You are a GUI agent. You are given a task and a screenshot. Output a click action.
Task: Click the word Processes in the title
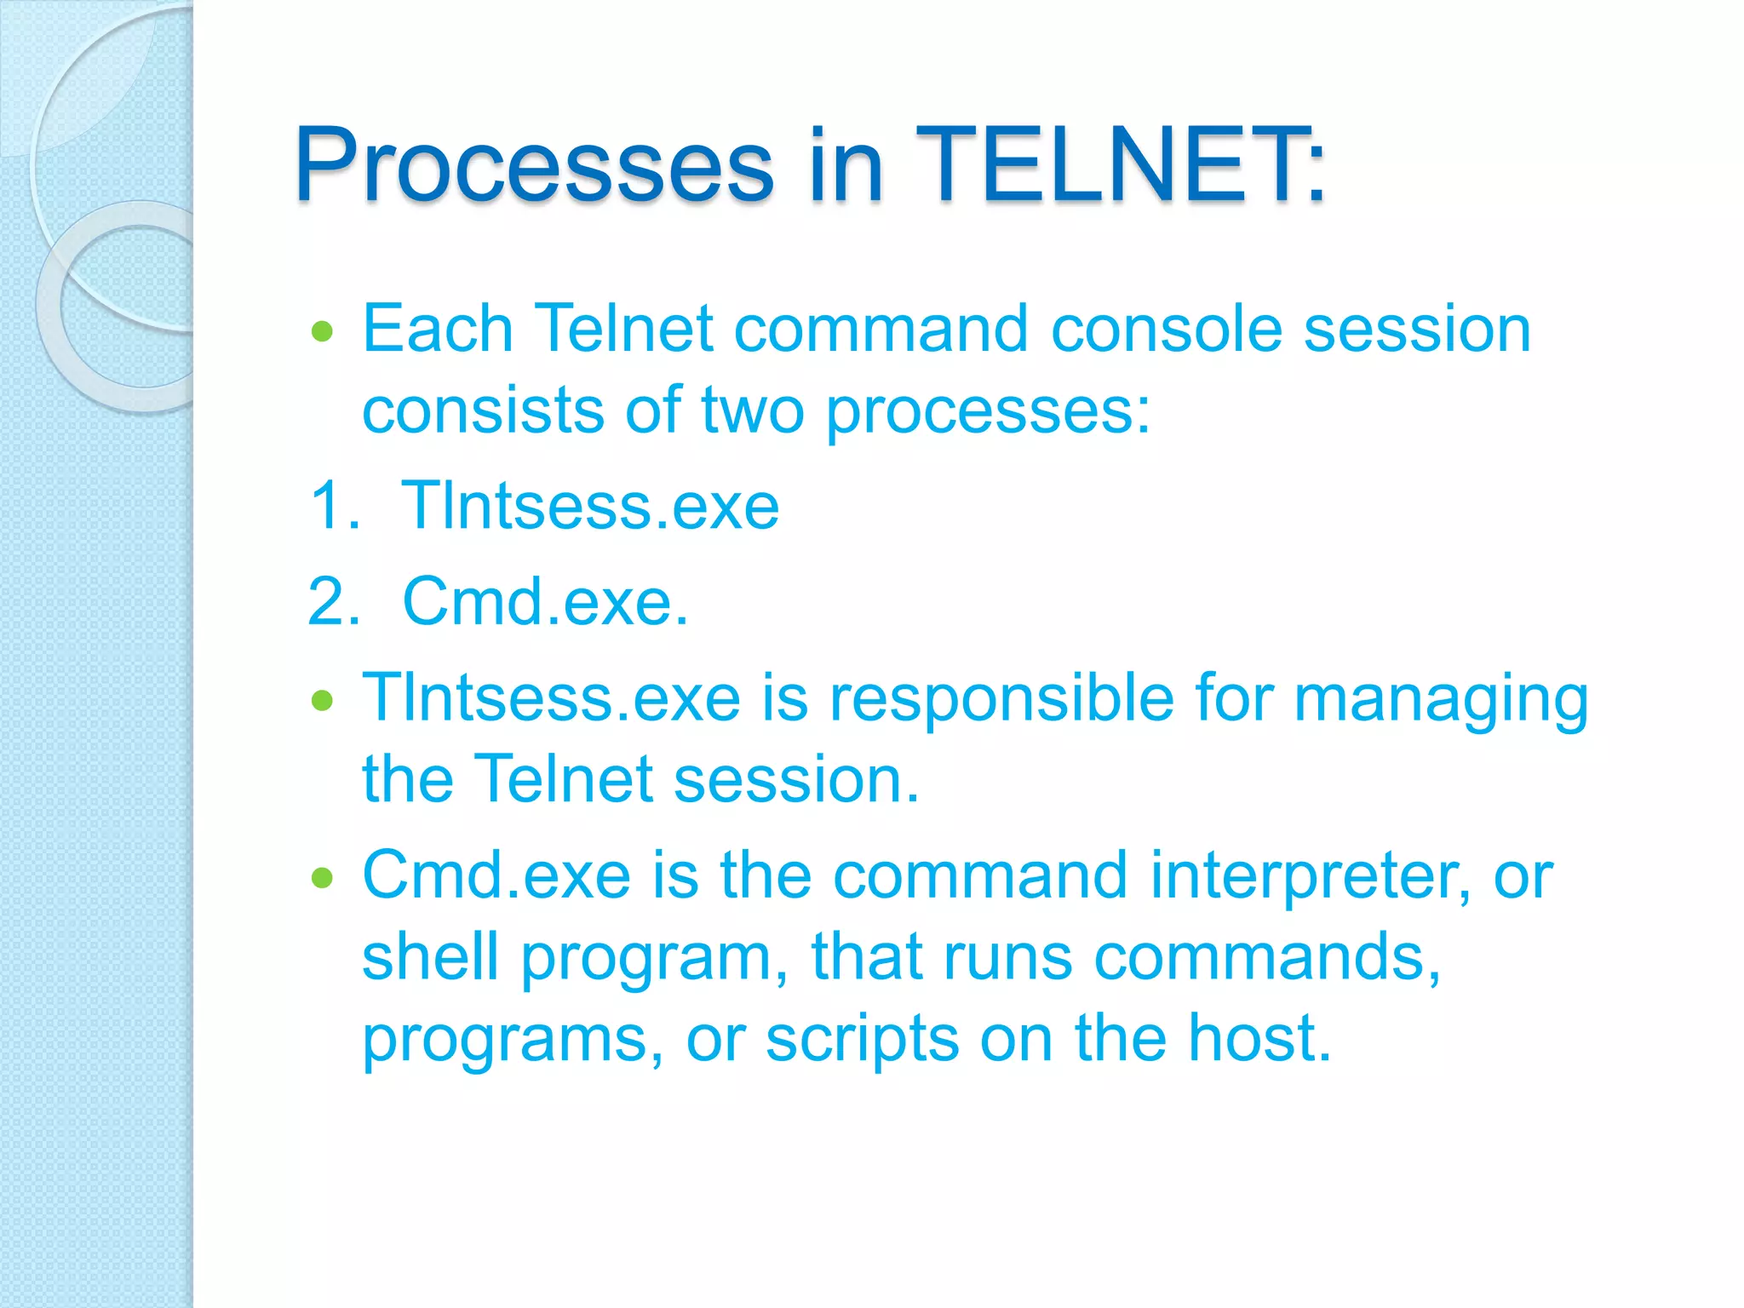(x=533, y=166)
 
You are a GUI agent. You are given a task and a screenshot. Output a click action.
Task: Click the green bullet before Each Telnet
(x=322, y=331)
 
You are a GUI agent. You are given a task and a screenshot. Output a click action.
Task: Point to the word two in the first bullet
(x=752, y=410)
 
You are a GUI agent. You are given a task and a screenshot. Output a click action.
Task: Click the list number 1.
(x=334, y=506)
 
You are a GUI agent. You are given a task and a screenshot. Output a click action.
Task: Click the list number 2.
(x=334, y=602)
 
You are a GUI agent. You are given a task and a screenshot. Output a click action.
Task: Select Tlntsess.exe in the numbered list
(x=589, y=506)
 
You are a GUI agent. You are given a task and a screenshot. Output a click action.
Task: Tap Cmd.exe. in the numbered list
(x=545, y=602)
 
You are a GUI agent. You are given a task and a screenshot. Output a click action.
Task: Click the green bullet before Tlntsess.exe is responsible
(x=322, y=701)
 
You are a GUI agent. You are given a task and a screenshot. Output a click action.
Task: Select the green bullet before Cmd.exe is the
(x=322, y=877)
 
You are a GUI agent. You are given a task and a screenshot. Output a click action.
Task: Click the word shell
(x=430, y=957)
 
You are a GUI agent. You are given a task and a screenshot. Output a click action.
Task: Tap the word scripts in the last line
(x=861, y=1041)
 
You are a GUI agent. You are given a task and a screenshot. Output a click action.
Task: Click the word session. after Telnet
(x=796, y=780)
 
